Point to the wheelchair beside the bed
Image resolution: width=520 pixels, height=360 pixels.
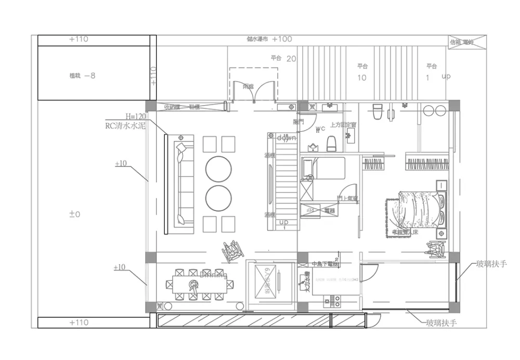tap(436, 250)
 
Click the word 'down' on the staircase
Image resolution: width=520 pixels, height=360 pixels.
tap(286, 138)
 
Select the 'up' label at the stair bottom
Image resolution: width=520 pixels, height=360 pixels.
tap(284, 222)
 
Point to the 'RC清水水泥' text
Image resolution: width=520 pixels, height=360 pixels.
tap(125, 125)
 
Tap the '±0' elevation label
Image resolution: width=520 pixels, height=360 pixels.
tap(74, 214)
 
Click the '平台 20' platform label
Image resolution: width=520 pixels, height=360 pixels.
tap(283, 59)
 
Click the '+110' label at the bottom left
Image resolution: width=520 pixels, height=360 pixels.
tap(79, 323)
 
